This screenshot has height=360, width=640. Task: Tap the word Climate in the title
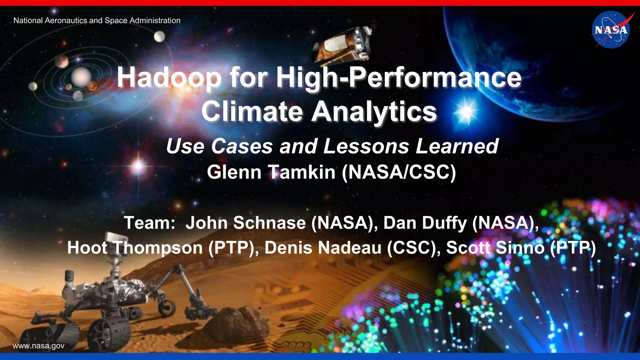(252, 112)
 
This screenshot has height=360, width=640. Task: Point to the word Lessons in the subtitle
(366, 146)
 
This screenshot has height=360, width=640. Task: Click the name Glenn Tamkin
(271, 172)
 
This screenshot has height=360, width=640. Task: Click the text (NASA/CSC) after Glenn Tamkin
(399, 172)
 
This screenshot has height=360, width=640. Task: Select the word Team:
(150, 223)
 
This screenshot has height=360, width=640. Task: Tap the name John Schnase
(246, 223)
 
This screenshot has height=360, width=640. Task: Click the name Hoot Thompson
(135, 248)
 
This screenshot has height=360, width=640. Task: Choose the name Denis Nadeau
(323, 248)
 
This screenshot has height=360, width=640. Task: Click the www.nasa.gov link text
(38, 346)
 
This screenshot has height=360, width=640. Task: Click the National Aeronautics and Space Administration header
(97, 21)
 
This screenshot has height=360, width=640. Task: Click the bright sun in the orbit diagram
(81, 77)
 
